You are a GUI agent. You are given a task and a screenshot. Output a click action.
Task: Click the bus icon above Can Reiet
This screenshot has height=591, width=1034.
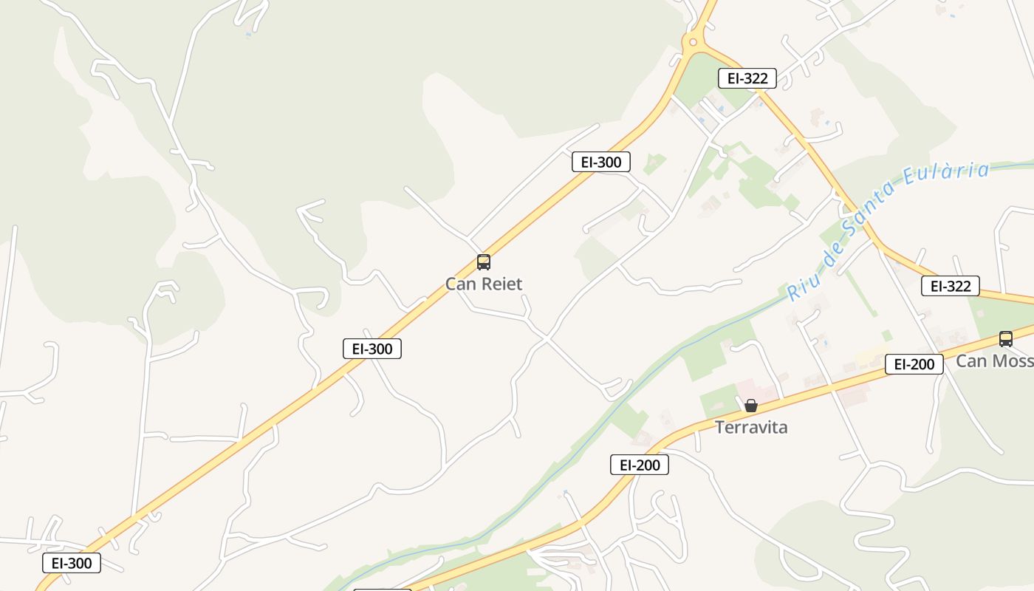click(484, 262)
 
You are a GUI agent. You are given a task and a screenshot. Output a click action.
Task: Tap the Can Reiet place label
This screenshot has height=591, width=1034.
click(484, 284)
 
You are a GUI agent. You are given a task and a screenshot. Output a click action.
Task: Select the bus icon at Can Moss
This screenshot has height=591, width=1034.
click(1006, 339)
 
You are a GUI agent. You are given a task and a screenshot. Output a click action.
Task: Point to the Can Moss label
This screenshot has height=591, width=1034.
click(994, 361)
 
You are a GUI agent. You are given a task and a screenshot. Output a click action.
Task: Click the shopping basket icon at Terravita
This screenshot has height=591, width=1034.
click(751, 406)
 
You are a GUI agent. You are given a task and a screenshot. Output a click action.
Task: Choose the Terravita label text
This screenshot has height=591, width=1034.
click(751, 427)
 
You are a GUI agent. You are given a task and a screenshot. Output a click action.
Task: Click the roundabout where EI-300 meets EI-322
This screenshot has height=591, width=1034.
click(693, 42)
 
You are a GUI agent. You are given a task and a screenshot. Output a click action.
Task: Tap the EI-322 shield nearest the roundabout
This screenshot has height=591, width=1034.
click(747, 78)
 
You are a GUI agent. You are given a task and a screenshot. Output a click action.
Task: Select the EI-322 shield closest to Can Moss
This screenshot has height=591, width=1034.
click(951, 286)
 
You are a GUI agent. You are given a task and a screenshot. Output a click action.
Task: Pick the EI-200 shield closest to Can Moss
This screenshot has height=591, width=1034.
click(914, 364)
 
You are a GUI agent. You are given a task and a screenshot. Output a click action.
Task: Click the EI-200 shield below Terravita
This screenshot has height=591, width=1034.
click(640, 465)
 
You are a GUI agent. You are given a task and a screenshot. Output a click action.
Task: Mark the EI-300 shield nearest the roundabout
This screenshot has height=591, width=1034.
click(601, 163)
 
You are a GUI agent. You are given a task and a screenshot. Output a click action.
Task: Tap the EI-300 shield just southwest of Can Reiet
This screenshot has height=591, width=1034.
click(372, 349)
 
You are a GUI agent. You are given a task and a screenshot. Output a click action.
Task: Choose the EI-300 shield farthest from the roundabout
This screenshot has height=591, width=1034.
click(72, 563)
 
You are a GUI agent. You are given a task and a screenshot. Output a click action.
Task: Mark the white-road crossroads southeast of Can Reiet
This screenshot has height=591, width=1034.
click(547, 338)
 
